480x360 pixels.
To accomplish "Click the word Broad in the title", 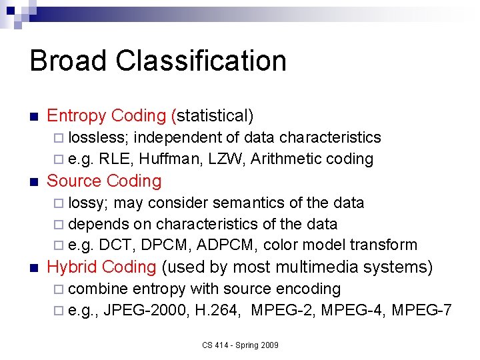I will coord(68,61).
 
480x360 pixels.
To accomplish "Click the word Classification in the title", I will coord(201,61).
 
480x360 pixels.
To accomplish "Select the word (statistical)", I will coord(213,116).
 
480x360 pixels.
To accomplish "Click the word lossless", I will coord(101,138).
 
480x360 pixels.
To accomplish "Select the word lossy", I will coord(91,203).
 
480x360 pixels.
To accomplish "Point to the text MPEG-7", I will coord(422,310).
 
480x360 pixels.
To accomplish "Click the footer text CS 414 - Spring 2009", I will coord(241,345).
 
